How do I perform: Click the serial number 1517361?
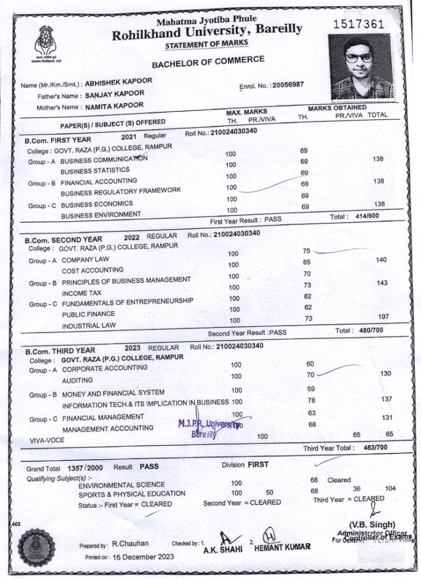(x=358, y=24)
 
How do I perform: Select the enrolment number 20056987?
(x=288, y=85)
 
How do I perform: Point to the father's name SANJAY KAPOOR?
(x=114, y=94)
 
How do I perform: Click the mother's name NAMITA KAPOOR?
(x=114, y=106)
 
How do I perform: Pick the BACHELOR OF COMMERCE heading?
(x=207, y=61)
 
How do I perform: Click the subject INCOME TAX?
(x=82, y=293)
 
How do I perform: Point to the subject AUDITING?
(x=77, y=381)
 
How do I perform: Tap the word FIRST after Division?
(x=258, y=465)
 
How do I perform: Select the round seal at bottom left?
(x=37, y=546)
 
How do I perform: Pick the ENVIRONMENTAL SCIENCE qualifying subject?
(x=121, y=485)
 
